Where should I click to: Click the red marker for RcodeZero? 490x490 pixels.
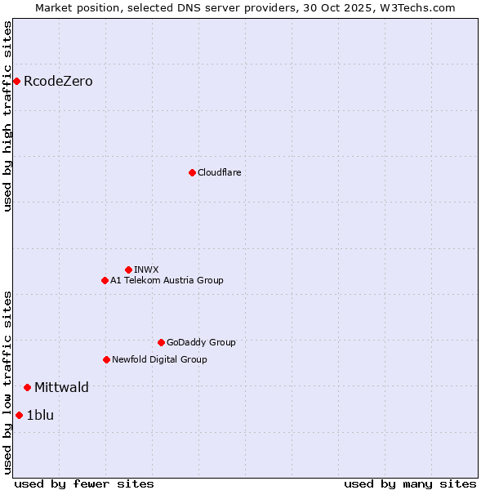click(x=16, y=81)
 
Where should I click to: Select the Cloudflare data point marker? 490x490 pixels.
click(x=192, y=172)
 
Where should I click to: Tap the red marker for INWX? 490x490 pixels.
click(x=128, y=269)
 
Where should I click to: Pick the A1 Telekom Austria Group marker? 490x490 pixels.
click(x=105, y=280)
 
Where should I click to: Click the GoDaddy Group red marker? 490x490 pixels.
click(x=161, y=342)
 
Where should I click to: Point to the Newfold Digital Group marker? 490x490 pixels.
click(x=106, y=359)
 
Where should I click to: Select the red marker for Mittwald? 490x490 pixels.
click(x=27, y=387)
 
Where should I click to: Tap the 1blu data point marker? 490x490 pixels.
click(x=19, y=415)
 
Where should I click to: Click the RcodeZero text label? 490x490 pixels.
click(x=58, y=81)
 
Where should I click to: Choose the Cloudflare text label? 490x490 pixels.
click(x=219, y=172)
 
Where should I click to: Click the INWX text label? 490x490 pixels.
click(x=146, y=269)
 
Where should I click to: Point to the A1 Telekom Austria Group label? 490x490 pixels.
click(x=167, y=280)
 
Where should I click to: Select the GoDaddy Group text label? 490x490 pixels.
click(x=201, y=342)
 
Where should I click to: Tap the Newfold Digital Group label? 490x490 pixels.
click(x=159, y=359)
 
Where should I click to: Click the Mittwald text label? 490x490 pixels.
click(x=61, y=387)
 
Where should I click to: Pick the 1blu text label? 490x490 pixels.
click(x=40, y=415)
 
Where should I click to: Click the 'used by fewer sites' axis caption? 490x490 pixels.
click(x=84, y=483)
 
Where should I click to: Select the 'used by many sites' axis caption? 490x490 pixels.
click(x=409, y=483)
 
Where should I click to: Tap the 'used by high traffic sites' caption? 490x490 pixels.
click(x=7, y=116)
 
